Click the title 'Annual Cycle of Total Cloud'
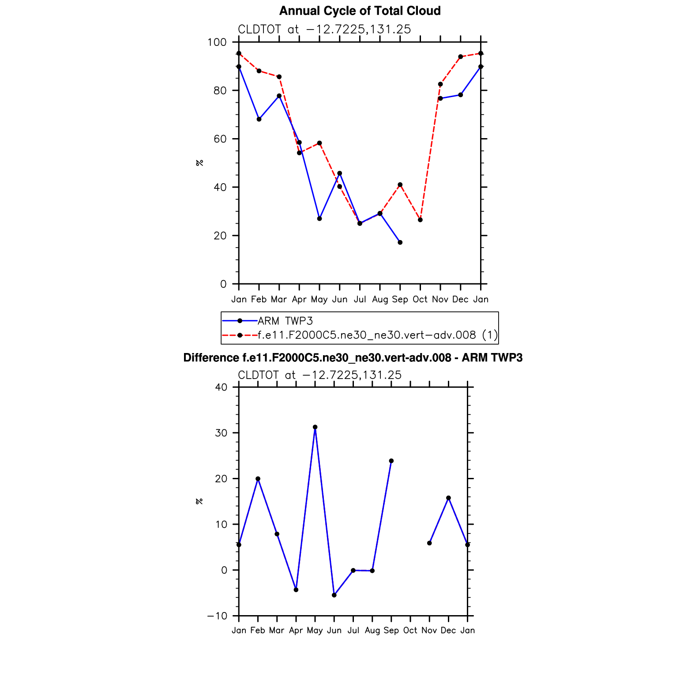point(360,11)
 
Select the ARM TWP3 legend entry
point(285,321)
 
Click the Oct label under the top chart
point(420,300)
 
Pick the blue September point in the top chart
point(400,242)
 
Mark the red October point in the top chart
point(420,220)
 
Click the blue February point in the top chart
point(259,119)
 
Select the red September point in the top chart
point(400,184)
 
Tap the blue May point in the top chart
point(319,219)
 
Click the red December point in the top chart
point(461,56)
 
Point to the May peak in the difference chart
point(315,427)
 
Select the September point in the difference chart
point(391,461)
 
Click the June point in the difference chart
point(334,595)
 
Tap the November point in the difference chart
point(429,543)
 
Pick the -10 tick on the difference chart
point(217,616)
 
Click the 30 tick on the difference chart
point(221,433)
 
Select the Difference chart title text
point(353,358)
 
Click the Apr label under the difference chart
point(296,631)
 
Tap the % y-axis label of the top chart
point(199,163)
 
